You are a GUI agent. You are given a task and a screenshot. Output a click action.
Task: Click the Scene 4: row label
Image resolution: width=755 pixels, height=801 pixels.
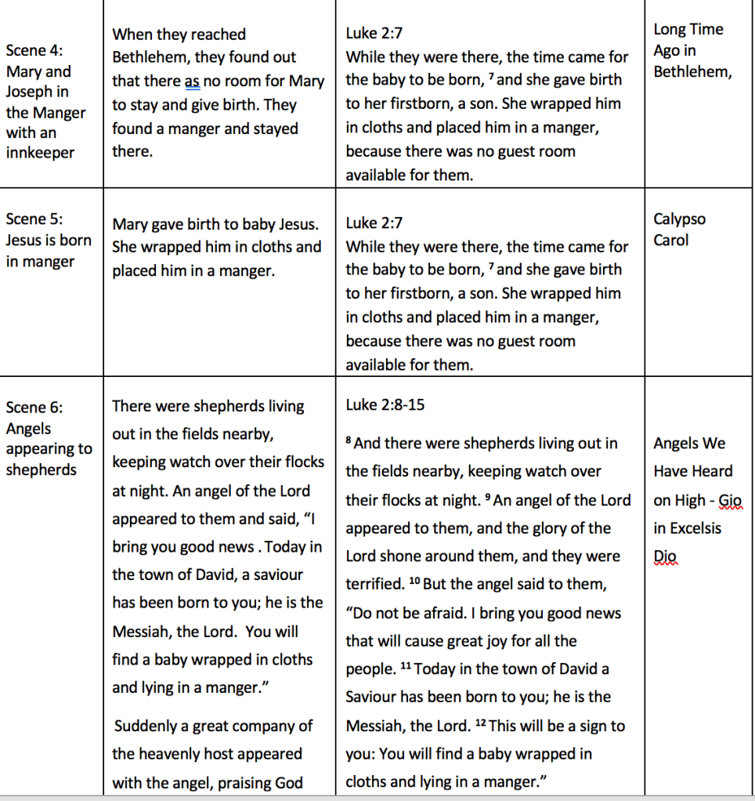pos(34,51)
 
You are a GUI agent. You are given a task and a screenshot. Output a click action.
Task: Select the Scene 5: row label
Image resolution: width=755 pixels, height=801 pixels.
pos(34,219)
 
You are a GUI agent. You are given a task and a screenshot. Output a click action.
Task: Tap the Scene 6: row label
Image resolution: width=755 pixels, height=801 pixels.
pos(34,408)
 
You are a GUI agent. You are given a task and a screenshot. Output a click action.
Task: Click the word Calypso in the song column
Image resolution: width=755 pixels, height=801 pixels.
pos(680,219)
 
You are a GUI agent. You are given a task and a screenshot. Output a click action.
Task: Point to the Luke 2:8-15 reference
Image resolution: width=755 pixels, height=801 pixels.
pos(385,406)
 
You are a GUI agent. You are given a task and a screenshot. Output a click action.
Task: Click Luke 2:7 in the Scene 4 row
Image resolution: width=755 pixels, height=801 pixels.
pos(374,34)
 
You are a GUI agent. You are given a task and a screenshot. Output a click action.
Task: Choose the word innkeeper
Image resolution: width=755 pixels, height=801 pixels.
pos(40,152)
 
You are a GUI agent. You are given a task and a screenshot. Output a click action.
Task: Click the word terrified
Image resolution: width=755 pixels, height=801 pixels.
pos(373,585)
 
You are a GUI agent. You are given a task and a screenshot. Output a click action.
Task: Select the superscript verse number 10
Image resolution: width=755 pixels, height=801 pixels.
pos(414,582)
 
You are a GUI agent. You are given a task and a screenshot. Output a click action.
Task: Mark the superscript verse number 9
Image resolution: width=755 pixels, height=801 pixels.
pos(488,497)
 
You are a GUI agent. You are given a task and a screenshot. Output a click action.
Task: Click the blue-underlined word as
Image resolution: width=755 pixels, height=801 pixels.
pos(193,81)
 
